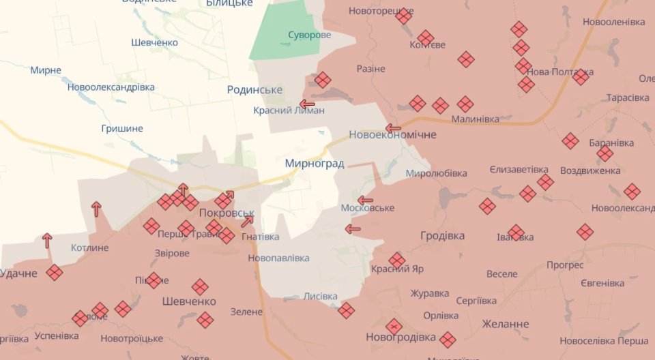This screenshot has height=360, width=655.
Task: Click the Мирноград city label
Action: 315,164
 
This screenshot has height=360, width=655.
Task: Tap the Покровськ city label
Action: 227,213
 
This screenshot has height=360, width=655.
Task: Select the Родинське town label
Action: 254,90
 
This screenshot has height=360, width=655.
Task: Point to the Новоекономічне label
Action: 392,134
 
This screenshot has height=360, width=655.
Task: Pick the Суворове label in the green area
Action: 309,35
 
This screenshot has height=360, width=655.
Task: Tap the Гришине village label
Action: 122,128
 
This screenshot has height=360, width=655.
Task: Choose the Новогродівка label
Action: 401,337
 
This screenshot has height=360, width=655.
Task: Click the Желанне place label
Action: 505,323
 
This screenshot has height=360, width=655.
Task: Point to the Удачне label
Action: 18,273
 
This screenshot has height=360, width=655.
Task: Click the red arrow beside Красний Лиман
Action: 307,104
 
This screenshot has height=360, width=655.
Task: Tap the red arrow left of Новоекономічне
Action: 393,127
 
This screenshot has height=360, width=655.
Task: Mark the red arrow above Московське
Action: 365,200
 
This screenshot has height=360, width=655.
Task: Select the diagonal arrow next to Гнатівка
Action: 247,220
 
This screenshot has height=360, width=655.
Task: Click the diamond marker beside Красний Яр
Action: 397,260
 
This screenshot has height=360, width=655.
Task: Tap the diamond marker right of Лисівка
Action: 346,310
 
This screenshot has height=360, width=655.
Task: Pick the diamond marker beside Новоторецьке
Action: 404,16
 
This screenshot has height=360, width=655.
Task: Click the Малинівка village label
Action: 475,119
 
